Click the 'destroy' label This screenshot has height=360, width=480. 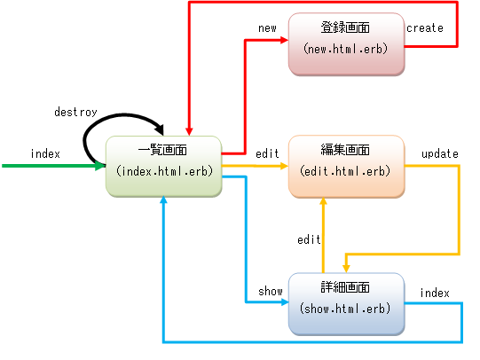pyautogui.click(x=75, y=113)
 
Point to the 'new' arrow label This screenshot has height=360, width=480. pyautogui.click(x=267, y=28)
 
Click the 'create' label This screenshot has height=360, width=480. pyautogui.click(x=425, y=28)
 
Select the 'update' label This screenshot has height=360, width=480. pyautogui.click(x=440, y=153)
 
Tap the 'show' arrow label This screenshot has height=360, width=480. pyautogui.click(x=270, y=292)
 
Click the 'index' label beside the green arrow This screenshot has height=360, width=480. pyautogui.click(x=45, y=153)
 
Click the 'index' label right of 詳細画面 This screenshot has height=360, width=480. pyautogui.click(x=435, y=293)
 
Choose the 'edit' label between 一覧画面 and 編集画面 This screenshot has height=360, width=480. pyautogui.click(x=267, y=153)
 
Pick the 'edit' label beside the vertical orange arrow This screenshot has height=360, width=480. pyautogui.click(x=309, y=239)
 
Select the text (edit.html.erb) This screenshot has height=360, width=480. pyautogui.click(x=345, y=171)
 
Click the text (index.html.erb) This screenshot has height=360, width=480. pyautogui.click(x=162, y=170)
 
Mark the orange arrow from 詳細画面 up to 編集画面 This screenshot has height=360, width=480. pyautogui.click(x=322, y=235)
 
